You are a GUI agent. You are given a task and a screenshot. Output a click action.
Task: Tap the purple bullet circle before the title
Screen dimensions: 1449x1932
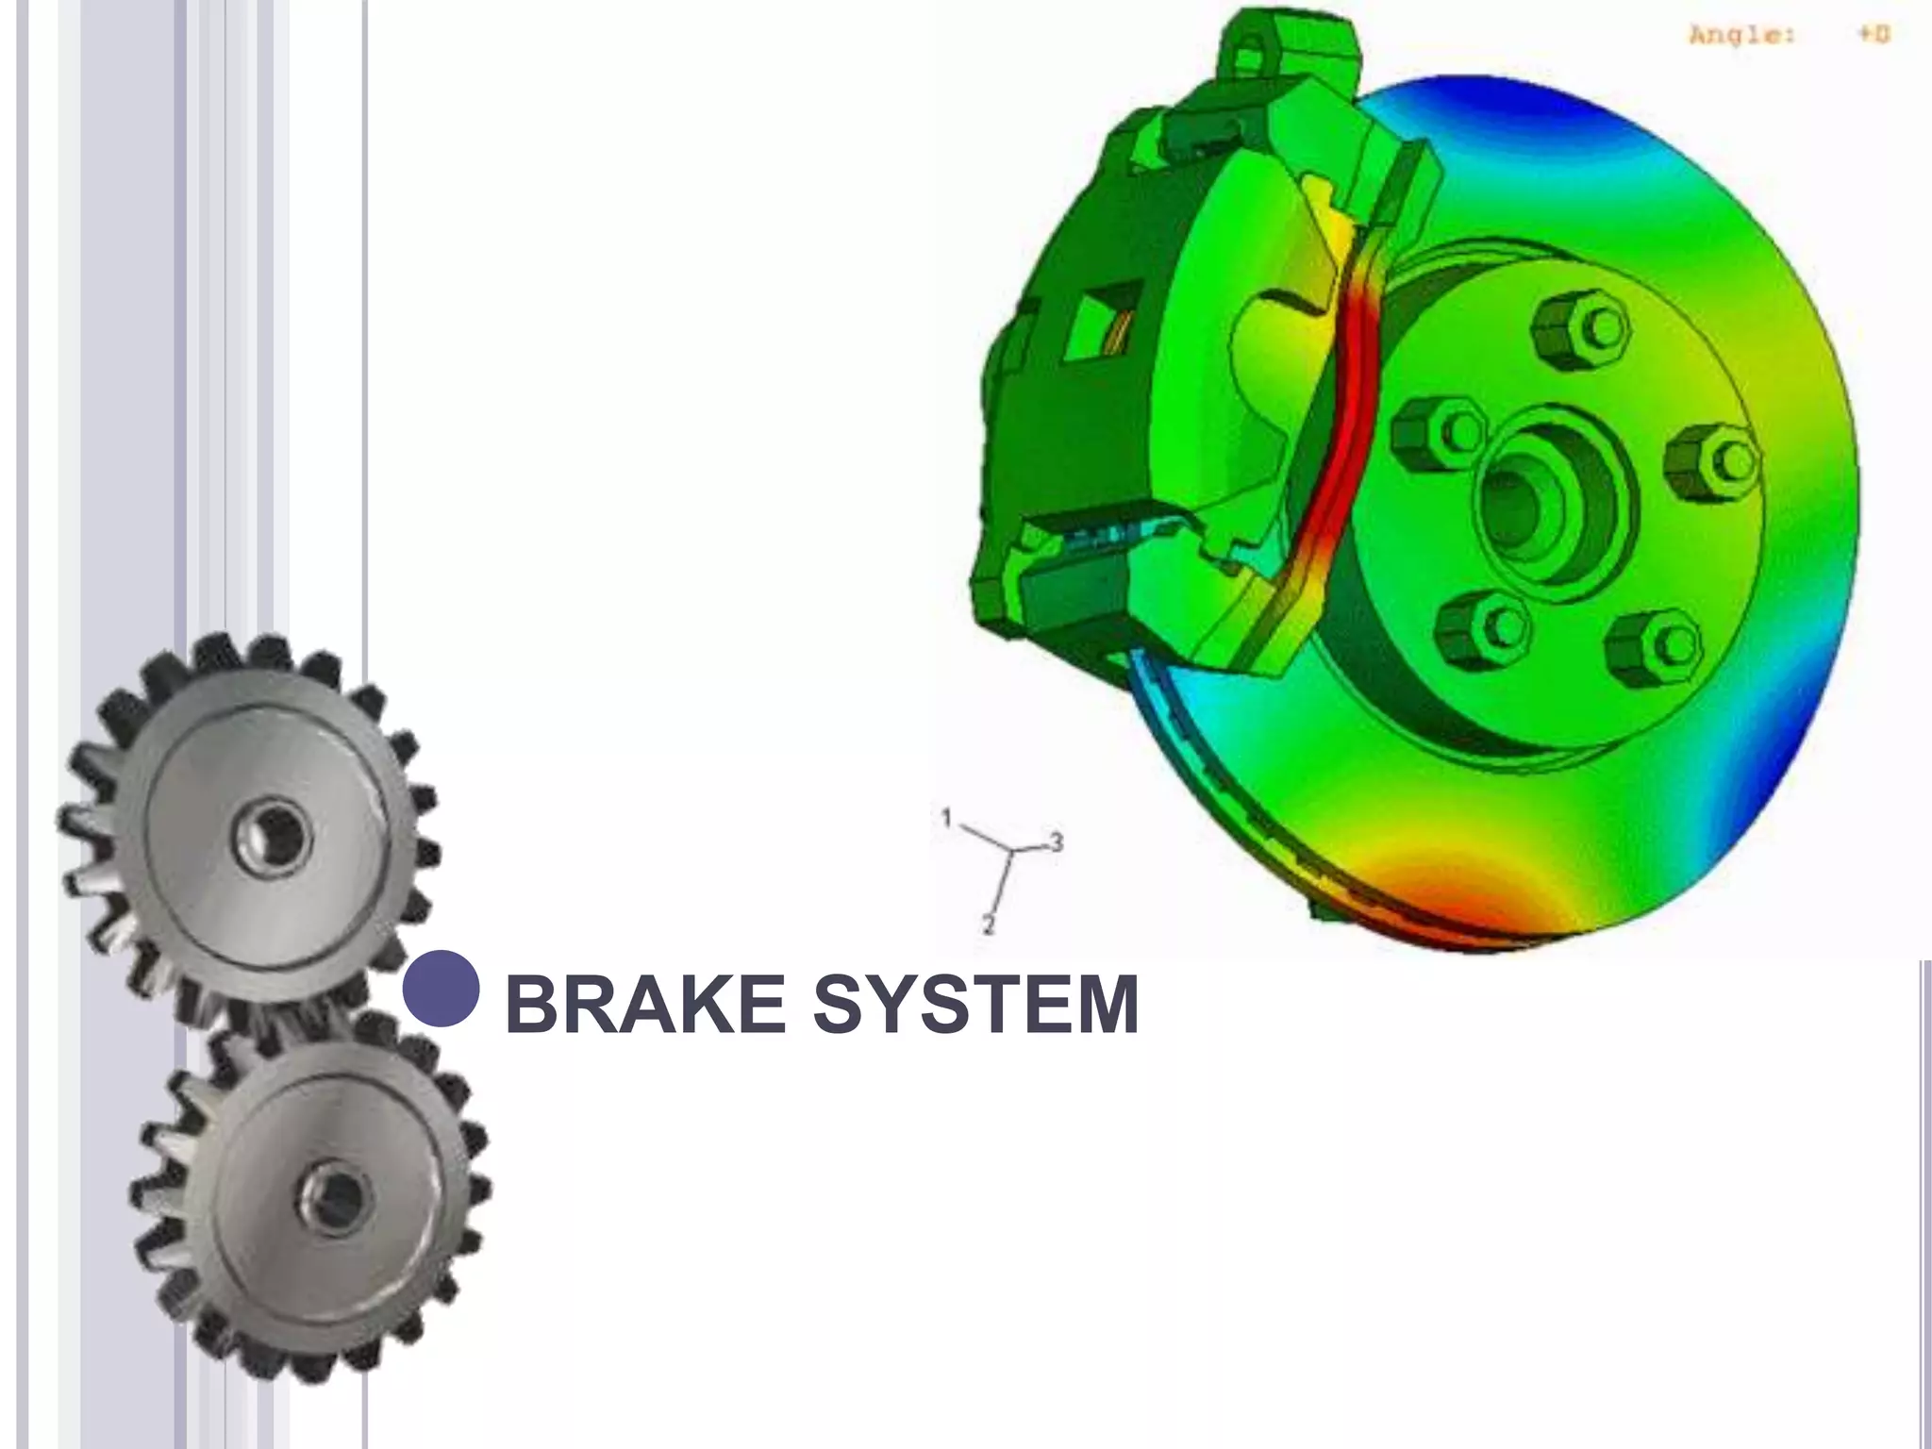click(x=441, y=988)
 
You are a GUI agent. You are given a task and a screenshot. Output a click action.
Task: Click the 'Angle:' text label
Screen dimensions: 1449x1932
click(x=1741, y=37)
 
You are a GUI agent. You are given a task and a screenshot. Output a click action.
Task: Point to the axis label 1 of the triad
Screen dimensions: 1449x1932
click(x=947, y=817)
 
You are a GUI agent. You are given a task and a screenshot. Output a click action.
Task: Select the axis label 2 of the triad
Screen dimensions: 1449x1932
click(x=989, y=925)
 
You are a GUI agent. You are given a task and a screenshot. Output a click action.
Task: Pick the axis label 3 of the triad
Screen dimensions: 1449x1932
click(x=1057, y=841)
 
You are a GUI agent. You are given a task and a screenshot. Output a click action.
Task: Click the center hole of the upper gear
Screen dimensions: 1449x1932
click(x=274, y=835)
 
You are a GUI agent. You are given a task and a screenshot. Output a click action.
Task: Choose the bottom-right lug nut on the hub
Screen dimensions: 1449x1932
click(x=1657, y=643)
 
